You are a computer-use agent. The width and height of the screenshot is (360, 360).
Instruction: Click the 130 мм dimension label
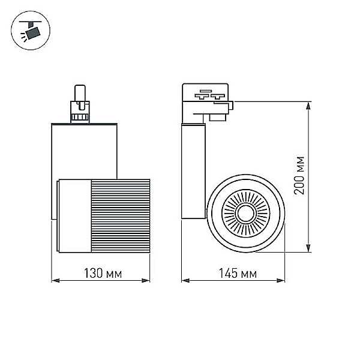pos(103,273)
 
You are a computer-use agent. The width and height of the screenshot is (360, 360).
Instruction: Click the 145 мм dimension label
pos(238,273)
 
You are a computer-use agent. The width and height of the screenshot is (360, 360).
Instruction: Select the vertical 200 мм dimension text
pos(299,176)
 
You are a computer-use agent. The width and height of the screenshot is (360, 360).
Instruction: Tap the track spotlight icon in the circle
pos(31,31)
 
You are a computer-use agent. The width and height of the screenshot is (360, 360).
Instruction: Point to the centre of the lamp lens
pos(245,214)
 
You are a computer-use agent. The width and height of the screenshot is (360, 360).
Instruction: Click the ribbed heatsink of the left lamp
pos(121,216)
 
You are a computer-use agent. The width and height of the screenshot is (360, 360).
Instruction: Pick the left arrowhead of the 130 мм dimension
pos(55,280)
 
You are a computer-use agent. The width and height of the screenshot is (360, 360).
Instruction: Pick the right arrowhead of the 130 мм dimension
pos(146,280)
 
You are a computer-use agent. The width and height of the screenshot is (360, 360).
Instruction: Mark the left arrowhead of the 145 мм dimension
pos(185,280)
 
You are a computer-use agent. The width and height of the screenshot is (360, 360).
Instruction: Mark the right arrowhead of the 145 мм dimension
pos(281,280)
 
